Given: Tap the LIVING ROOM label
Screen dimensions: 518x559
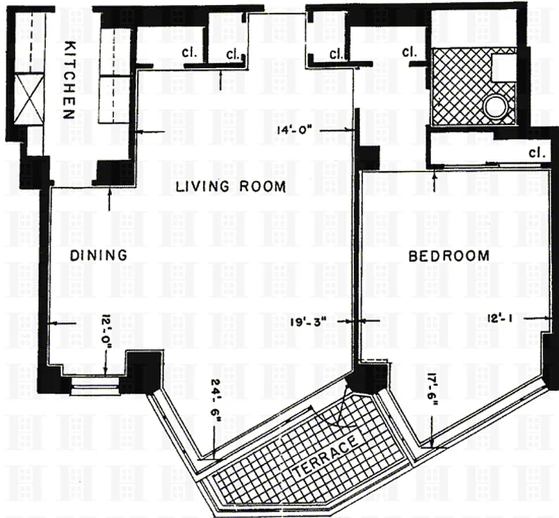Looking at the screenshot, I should (231, 187).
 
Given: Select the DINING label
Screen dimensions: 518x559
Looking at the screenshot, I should (98, 256).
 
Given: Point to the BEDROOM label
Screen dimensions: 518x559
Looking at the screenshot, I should (449, 256).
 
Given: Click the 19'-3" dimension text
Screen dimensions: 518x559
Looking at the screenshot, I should (312, 320).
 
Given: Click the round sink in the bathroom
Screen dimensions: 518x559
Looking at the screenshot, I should (496, 107).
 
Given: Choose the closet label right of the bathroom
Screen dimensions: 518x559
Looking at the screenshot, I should (535, 153).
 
